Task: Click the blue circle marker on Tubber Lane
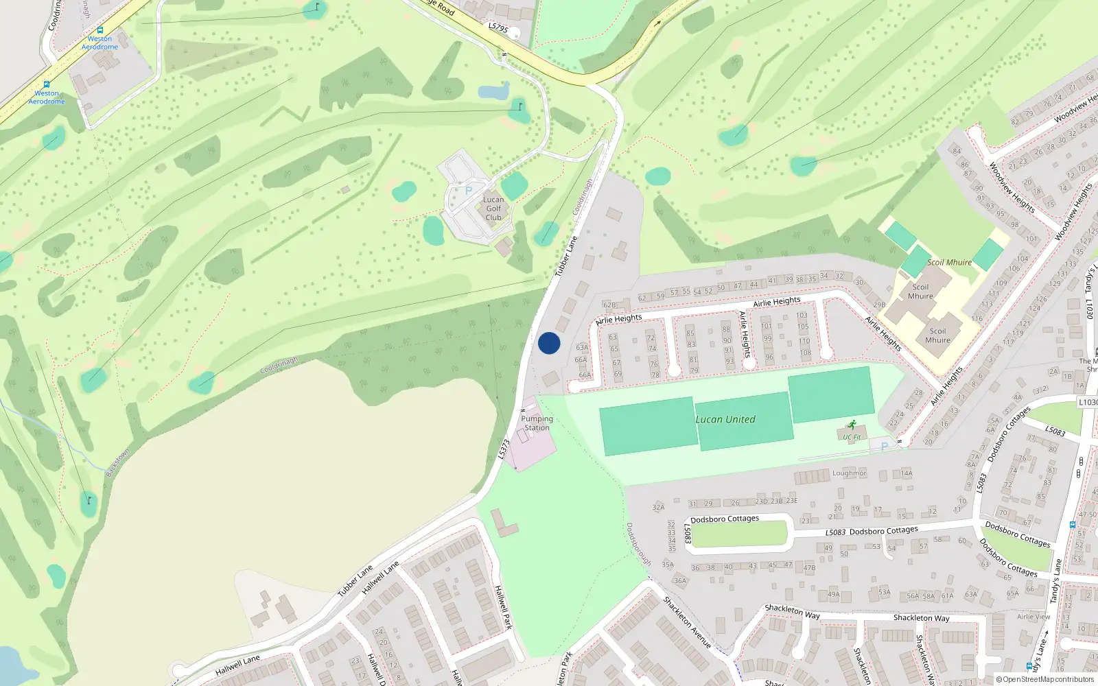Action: pos(549,343)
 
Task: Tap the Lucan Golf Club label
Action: pos(493,209)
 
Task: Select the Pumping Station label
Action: pos(537,423)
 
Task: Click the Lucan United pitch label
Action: pos(725,419)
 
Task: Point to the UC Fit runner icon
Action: pos(852,425)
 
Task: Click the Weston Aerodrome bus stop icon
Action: pos(47,84)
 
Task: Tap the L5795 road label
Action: pos(498,27)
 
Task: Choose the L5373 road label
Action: pos(504,449)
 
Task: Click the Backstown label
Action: pos(117,462)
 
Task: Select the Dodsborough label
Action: pos(638,544)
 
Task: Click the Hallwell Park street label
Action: pos(504,607)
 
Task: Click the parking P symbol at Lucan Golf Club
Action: pos(469,191)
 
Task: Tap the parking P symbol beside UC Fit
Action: pos(885,446)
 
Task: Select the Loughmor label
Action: pos(849,473)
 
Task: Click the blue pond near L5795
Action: pos(493,91)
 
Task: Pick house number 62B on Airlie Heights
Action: pos(609,305)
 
